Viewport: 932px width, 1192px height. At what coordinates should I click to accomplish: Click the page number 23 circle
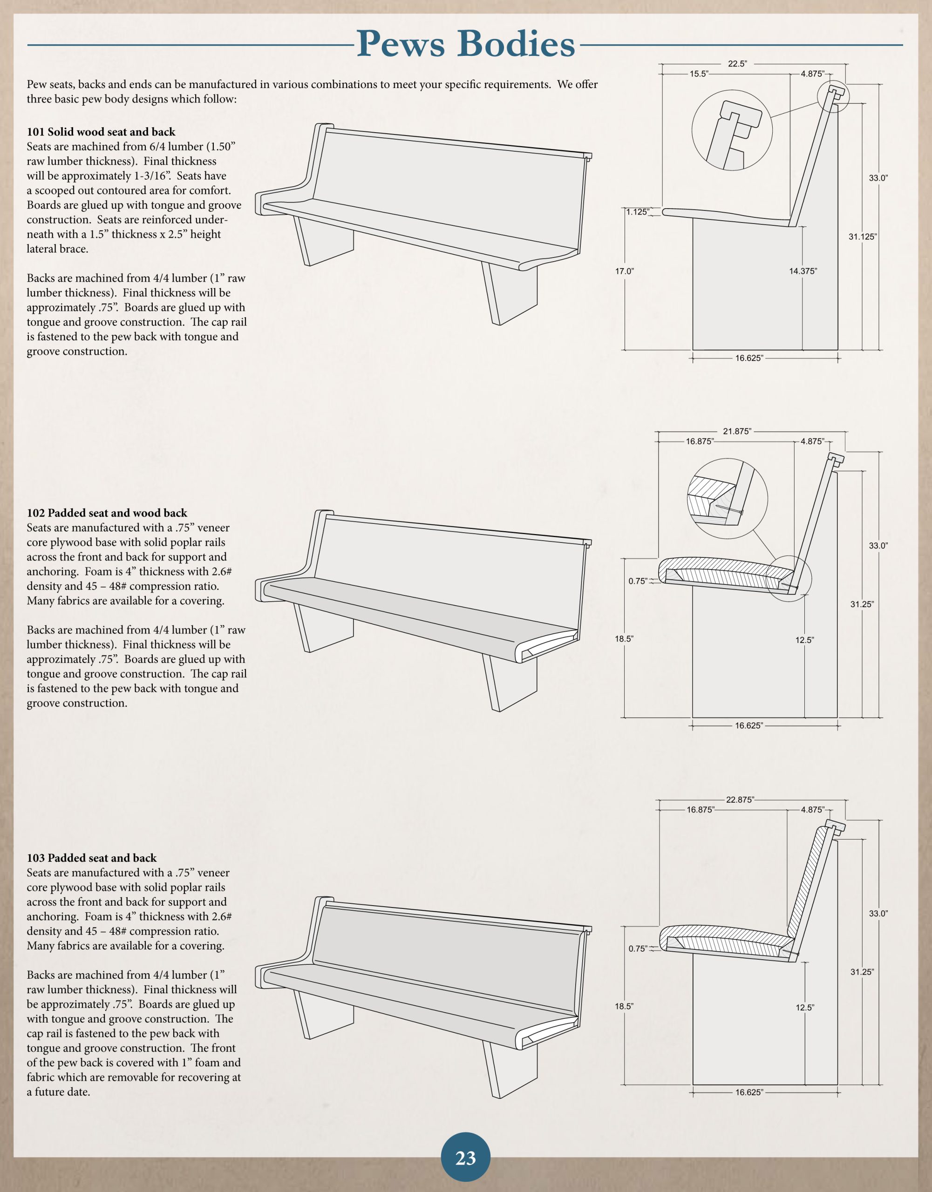[x=465, y=1158]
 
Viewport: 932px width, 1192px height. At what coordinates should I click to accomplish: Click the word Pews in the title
[x=401, y=44]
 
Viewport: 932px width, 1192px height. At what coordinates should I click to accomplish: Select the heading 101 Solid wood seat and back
[x=101, y=131]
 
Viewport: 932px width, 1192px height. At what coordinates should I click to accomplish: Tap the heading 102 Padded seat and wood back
[x=107, y=513]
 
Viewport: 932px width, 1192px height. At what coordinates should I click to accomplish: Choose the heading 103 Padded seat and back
[x=92, y=858]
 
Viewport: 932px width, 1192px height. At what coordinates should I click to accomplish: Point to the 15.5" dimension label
[x=699, y=74]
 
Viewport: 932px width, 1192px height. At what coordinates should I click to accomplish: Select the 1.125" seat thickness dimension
[x=637, y=212]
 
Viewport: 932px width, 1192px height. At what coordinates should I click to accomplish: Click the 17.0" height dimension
[x=625, y=271]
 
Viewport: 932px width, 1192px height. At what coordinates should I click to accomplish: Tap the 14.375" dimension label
[x=803, y=271]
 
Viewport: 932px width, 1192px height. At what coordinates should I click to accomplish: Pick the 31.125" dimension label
[x=862, y=237]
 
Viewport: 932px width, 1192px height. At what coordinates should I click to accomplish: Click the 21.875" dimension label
[x=736, y=431]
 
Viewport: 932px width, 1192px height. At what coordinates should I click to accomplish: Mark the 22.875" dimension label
[x=740, y=799]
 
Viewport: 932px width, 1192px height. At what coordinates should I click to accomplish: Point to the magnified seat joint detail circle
[x=727, y=498]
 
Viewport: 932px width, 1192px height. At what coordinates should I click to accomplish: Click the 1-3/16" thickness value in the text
[x=151, y=176]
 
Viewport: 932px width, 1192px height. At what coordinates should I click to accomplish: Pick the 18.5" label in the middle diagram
[x=624, y=638]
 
